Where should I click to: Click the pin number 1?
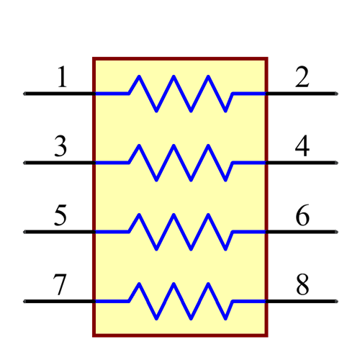point(62,78)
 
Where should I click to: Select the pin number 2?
point(302,78)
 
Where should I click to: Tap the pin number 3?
point(61,147)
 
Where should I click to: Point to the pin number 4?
point(302,147)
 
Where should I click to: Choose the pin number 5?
point(61,216)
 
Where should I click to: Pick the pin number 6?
point(302,216)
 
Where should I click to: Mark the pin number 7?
point(61,285)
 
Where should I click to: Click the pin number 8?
point(302,285)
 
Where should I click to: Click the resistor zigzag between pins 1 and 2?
point(180,94)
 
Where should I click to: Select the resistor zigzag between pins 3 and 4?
point(180,163)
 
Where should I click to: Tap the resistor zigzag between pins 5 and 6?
point(180,232)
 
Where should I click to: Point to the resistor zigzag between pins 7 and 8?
point(180,301)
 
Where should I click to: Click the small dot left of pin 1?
point(24,94)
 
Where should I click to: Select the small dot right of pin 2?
point(336,94)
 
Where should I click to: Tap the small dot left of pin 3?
point(24,163)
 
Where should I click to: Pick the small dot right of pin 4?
point(336,163)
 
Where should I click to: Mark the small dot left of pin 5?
point(24,232)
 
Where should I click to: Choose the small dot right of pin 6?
point(336,232)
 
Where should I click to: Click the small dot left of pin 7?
point(24,301)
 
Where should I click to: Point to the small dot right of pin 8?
point(336,301)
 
